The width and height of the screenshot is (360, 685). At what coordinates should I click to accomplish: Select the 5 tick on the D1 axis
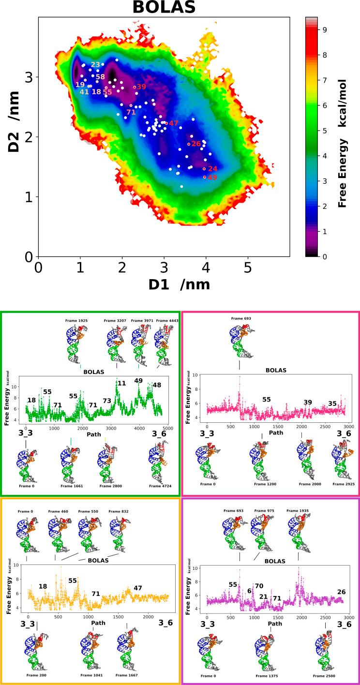(x=248, y=267)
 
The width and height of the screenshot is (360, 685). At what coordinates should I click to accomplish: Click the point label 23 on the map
(x=95, y=65)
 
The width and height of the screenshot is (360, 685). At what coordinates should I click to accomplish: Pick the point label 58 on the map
(x=100, y=77)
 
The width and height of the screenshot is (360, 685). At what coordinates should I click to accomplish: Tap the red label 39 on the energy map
(x=141, y=87)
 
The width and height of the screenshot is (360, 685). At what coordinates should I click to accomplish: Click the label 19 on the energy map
(x=80, y=85)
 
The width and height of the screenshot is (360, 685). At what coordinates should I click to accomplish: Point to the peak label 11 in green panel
(x=121, y=383)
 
